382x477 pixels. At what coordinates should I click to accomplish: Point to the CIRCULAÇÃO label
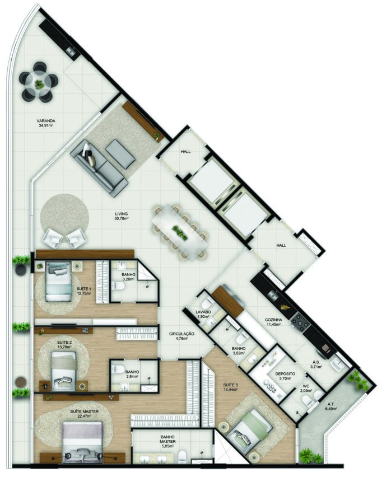(x=181, y=336)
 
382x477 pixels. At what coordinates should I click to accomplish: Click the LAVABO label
(x=203, y=314)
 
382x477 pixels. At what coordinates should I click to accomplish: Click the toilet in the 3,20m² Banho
(x=119, y=287)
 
